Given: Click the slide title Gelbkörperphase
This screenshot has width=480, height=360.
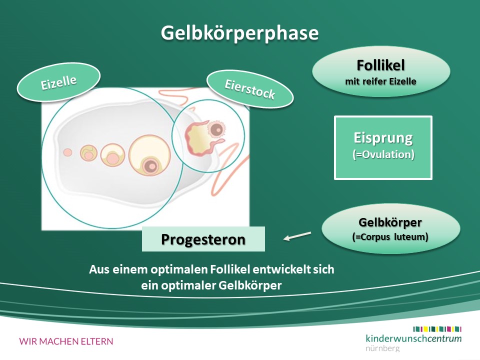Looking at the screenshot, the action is coord(239,33).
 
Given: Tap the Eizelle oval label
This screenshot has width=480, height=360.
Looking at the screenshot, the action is coord(58,82).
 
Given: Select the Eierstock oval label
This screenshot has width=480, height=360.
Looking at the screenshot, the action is coord(250,89).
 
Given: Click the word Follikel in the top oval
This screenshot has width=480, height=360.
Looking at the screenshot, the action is coord(380,65).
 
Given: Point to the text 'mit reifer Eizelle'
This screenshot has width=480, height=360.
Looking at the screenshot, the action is coord(380,81).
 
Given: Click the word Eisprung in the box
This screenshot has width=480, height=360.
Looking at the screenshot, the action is coord(383,138).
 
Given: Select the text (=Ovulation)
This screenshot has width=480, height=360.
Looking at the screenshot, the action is coord(383,154).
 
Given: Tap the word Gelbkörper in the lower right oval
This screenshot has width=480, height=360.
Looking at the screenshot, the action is coord(390,222).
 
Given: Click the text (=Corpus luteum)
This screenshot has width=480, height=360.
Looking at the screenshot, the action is coord(390,236).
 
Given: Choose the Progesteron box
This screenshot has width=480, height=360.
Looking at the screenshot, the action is coord(203,239).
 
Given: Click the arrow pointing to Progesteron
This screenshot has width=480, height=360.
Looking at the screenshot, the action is coord(297,236).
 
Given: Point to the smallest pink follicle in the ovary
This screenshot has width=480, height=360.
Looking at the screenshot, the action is coord(67,152).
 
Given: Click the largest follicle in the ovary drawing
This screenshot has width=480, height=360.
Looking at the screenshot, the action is coord(149,155).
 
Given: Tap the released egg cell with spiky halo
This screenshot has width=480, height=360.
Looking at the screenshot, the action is coord(216,129).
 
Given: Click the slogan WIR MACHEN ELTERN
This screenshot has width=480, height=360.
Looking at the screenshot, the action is coord(66,341).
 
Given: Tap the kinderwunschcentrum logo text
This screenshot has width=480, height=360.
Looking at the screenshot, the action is coord(413,338).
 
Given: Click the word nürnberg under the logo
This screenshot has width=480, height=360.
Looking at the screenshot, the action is coord(382,348).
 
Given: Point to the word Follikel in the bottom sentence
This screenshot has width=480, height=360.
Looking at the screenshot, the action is coord(229,269).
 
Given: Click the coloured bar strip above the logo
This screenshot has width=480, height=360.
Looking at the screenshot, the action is coord(437,329).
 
